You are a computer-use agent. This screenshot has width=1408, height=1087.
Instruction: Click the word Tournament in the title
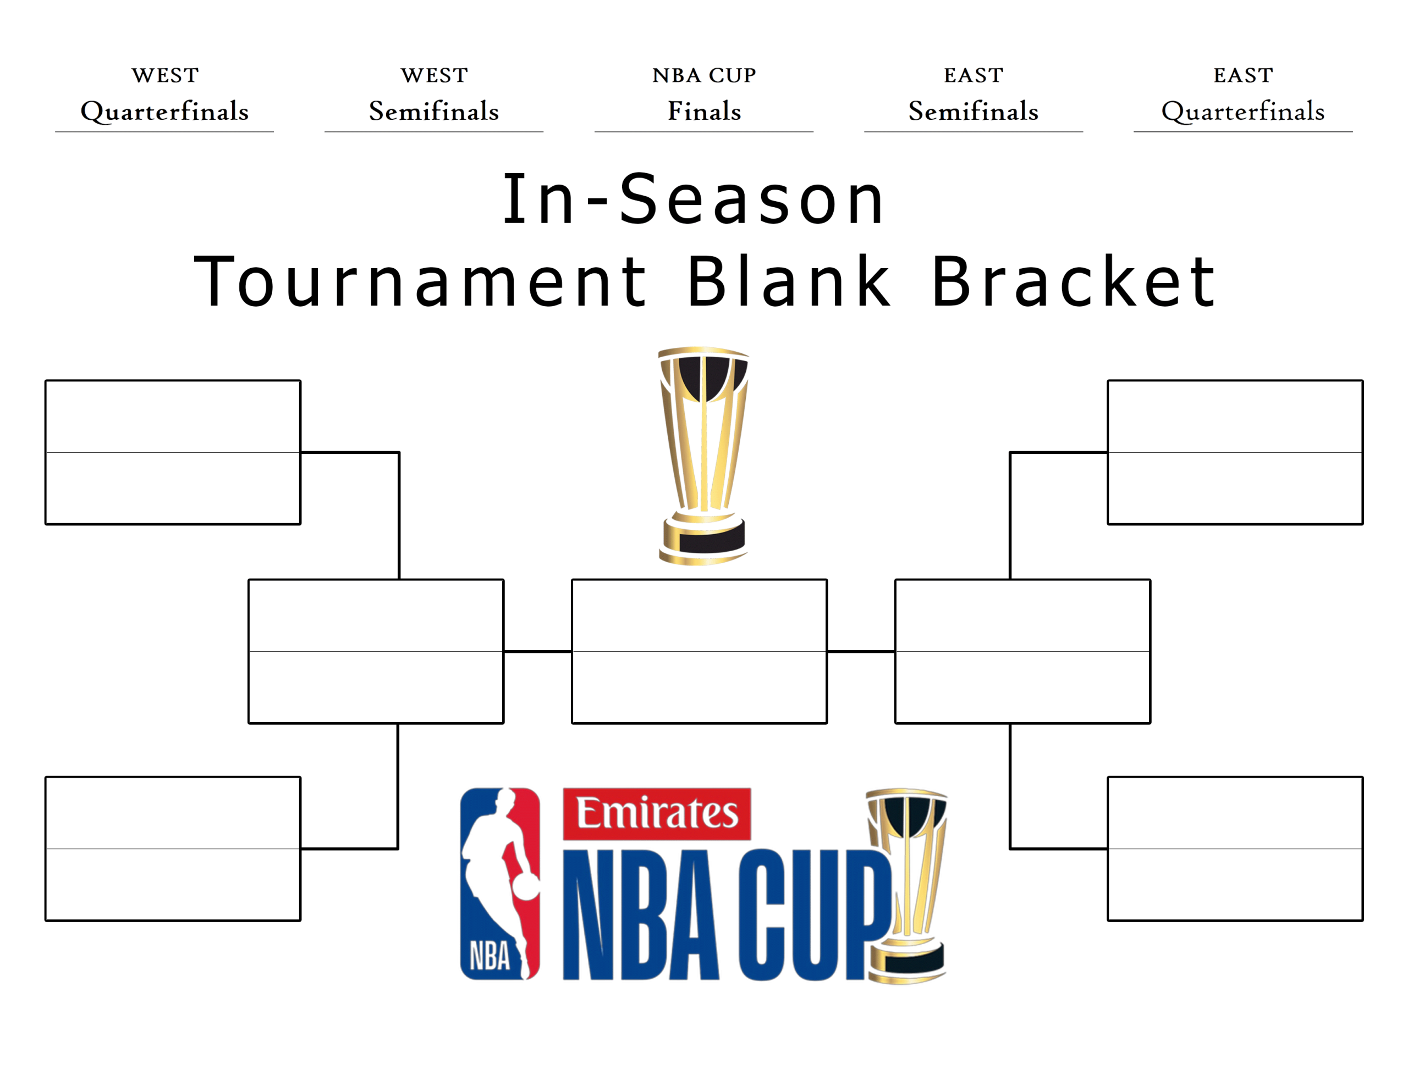click(420, 281)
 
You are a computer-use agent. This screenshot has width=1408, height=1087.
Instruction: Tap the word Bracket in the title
click(1074, 281)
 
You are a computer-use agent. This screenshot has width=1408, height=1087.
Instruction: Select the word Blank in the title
click(789, 281)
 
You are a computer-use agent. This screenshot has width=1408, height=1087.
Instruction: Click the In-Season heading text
click(693, 199)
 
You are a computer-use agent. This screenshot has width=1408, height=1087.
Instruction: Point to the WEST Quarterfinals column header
click(165, 94)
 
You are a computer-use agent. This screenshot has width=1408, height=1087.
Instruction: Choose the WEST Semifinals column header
click(434, 94)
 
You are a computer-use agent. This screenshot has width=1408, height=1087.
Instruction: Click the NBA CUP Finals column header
click(704, 94)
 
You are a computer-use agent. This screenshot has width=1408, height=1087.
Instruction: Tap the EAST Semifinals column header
click(974, 94)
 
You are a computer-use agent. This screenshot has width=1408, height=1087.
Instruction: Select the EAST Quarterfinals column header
click(1243, 94)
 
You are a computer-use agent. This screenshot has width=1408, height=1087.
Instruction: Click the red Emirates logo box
click(656, 814)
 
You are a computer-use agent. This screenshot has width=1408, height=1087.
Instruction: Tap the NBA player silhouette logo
click(501, 883)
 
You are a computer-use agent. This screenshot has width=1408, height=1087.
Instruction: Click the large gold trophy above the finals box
click(703, 456)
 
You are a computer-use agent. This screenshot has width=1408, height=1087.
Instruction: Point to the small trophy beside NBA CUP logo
click(906, 885)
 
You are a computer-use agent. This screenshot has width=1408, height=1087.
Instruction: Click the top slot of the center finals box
click(700, 615)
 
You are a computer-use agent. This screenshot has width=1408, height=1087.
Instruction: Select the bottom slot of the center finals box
click(700, 687)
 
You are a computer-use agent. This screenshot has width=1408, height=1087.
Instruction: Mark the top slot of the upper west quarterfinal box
click(173, 416)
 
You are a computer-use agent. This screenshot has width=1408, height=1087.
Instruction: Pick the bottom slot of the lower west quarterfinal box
click(173, 884)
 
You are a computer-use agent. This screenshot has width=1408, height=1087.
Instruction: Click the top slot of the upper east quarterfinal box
click(1235, 416)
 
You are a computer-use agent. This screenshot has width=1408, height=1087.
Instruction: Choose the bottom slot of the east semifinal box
click(1022, 687)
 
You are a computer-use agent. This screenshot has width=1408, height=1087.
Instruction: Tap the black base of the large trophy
click(712, 536)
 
